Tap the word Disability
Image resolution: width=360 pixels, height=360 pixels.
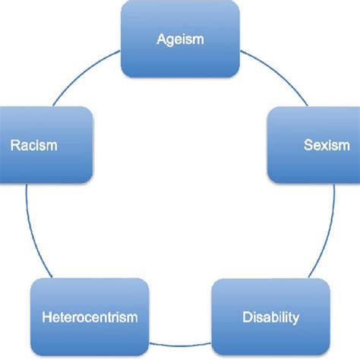coord(270,317)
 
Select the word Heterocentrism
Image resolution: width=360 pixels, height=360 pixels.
coord(90,317)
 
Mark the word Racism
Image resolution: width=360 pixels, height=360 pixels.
coord(34,145)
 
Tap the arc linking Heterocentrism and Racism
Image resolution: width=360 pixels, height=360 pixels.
coord(30,228)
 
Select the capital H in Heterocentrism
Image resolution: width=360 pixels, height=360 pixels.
coord(47,317)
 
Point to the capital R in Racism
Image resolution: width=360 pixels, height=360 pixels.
coord(14,145)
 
